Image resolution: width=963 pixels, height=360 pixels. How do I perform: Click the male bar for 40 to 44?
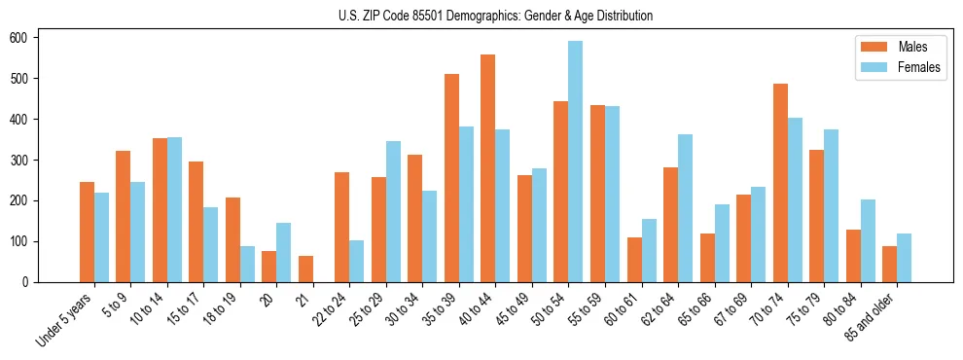(x=488, y=168)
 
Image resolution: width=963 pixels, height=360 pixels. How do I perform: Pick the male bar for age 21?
(x=305, y=269)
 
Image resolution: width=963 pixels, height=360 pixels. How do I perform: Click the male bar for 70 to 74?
(x=780, y=183)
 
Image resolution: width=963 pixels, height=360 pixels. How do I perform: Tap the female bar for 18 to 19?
(x=247, y=264)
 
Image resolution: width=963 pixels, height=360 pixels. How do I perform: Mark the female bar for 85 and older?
(x=904, y=258)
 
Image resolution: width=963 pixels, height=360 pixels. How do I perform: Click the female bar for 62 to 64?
(x=685, y=208)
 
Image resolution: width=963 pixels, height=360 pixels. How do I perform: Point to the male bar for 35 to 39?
(x=451, y=178)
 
